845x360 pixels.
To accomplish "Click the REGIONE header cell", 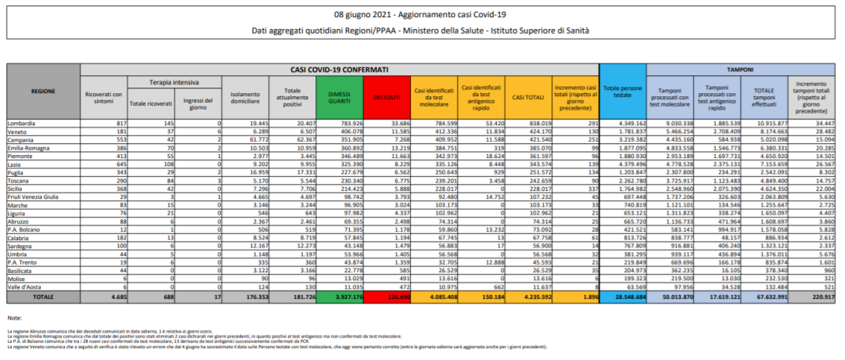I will (x=42, y=92).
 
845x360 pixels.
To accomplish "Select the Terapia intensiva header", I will (x=174, y=81).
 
